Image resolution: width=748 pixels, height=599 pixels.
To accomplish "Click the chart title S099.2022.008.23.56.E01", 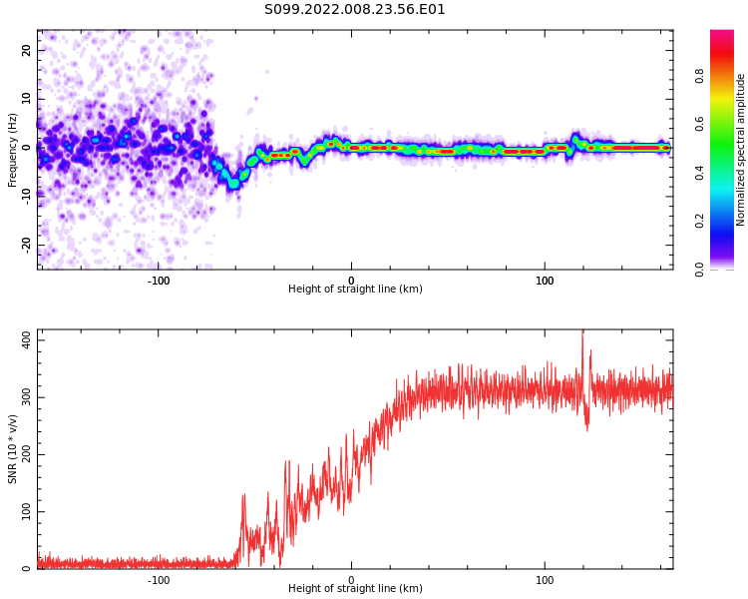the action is click(354, 10).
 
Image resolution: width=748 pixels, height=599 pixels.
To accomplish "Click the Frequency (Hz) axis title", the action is click(12, 150).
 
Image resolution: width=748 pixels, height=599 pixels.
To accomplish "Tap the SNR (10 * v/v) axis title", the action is click(12, 449).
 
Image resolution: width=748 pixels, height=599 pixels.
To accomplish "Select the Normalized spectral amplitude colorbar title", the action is click(740, 150).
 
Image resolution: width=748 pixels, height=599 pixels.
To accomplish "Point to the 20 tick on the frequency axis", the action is click(27, 50).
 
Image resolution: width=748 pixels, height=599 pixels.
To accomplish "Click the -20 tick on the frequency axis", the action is click(27, 245).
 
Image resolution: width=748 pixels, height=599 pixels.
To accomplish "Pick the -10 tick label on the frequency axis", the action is click(27, 197).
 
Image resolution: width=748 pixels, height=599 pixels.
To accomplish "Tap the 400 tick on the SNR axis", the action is click(27, 340).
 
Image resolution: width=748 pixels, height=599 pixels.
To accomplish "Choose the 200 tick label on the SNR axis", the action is click(27, 455).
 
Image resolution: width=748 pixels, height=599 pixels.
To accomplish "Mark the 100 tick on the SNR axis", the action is click(27, 511).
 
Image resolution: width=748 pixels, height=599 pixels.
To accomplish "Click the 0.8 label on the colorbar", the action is click(699, 76).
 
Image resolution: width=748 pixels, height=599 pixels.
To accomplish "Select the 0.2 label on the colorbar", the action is click(699, 222).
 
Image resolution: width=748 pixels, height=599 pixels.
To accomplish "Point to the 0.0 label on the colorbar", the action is click(699, 270).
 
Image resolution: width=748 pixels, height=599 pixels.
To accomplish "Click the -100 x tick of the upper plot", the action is click(159, 281).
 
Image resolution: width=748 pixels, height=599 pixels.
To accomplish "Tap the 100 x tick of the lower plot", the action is click(545, 580).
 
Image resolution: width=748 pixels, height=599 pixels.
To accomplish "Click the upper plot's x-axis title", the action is click(355, 289).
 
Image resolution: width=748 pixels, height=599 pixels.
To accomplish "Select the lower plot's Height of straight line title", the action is click(355, 588).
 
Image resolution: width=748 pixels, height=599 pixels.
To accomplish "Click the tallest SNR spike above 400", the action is click(582, 332).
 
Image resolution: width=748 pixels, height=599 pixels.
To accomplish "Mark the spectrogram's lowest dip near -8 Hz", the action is click(233, 184).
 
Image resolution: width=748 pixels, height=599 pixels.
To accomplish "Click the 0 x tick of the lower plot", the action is click(352, 580).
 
